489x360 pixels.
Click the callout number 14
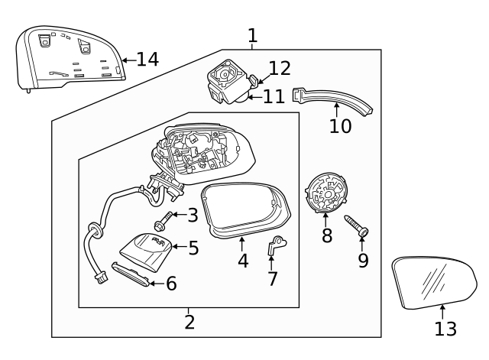[x=147, y=60]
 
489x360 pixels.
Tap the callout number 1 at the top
[x=253, y=36]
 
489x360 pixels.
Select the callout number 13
[x=445, y=329]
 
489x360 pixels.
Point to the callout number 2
[x=189, y=323]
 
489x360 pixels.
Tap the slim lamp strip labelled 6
[x=131, y=274]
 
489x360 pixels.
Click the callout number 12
[x=280, y=69]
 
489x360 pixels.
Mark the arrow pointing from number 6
[x=157, y=284]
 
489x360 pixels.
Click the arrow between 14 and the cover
[x=129, y=60]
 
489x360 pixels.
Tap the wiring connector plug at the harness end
[x=100, y=277]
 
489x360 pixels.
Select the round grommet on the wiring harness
[x=94, y=231]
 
